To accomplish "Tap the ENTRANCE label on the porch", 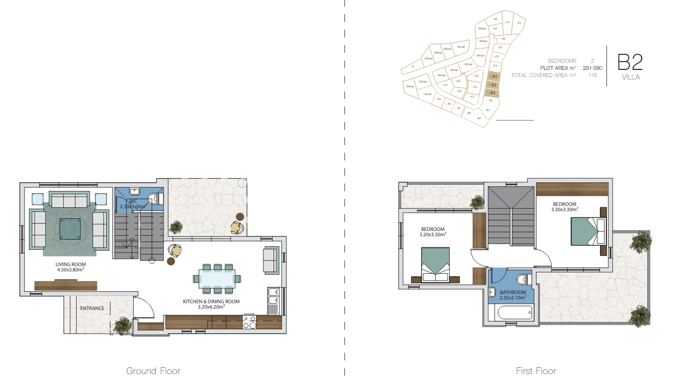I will (x=92, y=308).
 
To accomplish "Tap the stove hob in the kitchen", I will (x=249, y=322).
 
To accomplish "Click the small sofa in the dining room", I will (x=271, y=260).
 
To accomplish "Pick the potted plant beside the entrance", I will (x=122, y=326).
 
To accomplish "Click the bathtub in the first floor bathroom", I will (x=509, y=315).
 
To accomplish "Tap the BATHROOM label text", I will (x=513, y=292).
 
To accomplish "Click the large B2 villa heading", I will (x=630, y=63).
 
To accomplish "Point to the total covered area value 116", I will (x=592, y=75).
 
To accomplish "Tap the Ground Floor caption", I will (x=153, y=371).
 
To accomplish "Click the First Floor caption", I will (x=536, y=371).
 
